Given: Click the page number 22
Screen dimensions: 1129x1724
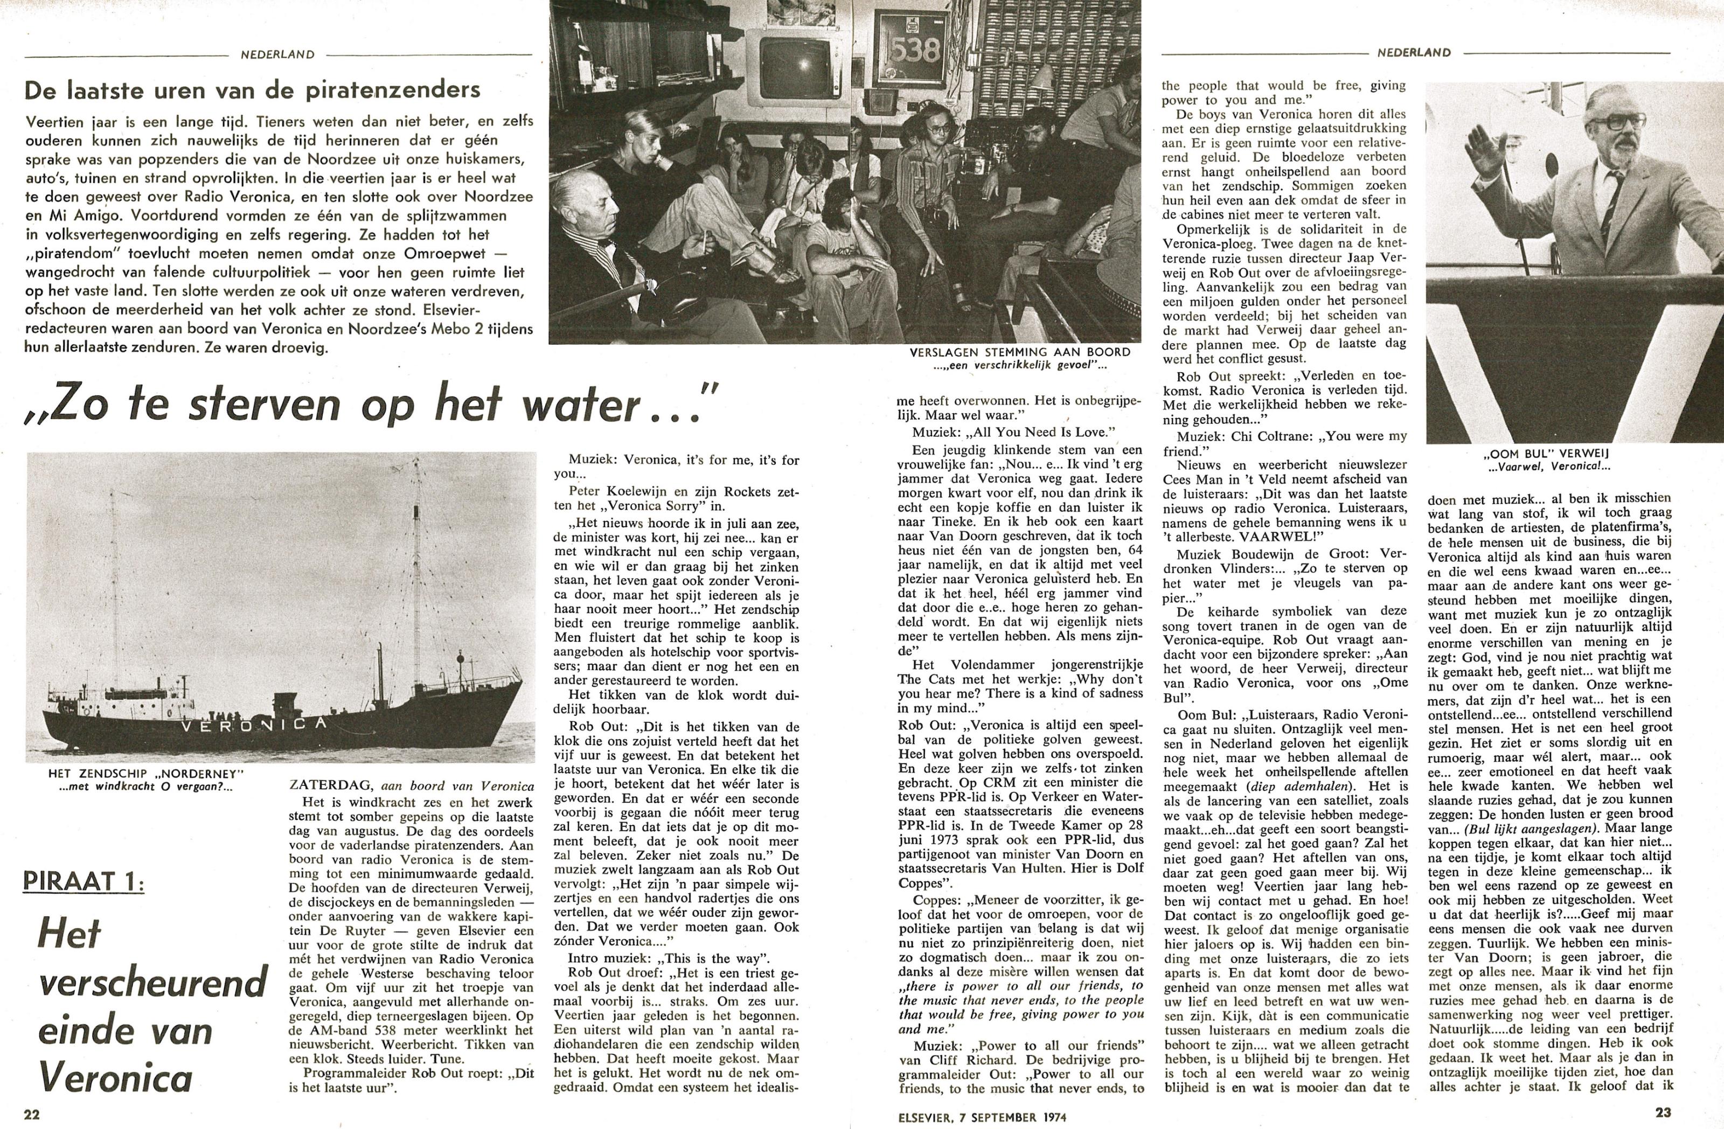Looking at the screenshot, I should [32, 1114].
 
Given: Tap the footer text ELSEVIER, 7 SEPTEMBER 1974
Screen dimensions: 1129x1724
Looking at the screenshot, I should [982, 1117].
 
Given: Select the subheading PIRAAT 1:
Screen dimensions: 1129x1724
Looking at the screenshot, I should [84, 881].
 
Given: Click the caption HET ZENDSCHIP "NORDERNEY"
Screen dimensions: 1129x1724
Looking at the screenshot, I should [141, 774].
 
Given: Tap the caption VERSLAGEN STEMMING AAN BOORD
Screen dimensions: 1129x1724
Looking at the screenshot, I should [1020, 352].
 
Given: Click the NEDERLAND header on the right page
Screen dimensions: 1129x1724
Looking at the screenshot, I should [1414, 52].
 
